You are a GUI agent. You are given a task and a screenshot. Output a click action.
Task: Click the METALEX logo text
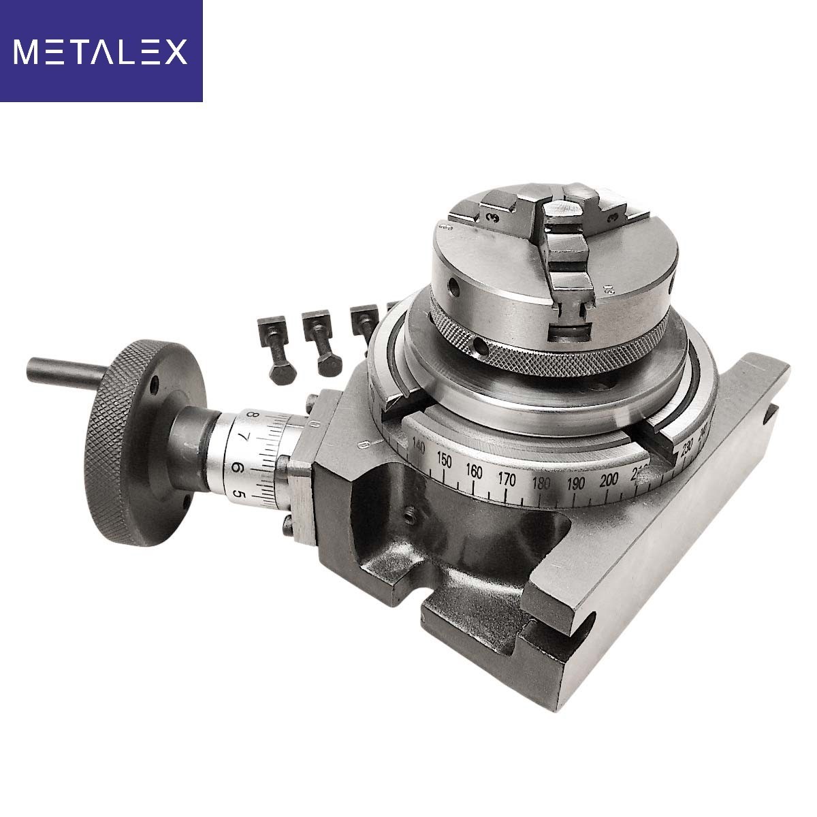100,52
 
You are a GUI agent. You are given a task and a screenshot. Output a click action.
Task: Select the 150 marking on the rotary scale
444,461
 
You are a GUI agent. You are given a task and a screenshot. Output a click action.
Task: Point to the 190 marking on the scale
576,485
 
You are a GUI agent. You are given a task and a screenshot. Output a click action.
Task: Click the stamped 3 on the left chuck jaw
492,217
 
